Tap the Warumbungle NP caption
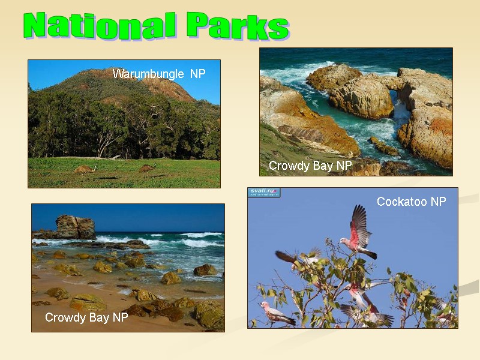click(x=159, y=74)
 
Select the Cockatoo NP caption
click(x=411, y=202)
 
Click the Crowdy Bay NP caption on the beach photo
click(x=86, y=318)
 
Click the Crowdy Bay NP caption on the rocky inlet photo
click(x=310, y=166)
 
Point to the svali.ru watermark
click(x=265, y=193)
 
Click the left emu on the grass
click(x=85, y=170)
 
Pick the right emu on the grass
click(x=148, y=169)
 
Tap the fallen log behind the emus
click(x=108, y=157)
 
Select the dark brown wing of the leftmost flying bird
click(x=286, y=257)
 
